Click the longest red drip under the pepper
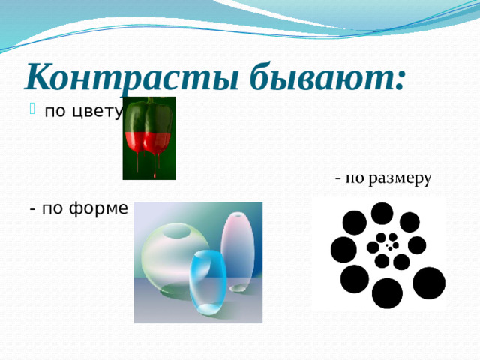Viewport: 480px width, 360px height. [154, 166]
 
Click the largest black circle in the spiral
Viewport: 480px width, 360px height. [388, 292]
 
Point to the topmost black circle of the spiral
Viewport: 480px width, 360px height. [382, 212]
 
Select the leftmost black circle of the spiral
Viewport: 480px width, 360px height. [343, 249]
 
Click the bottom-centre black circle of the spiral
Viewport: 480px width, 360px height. [388, 292]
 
